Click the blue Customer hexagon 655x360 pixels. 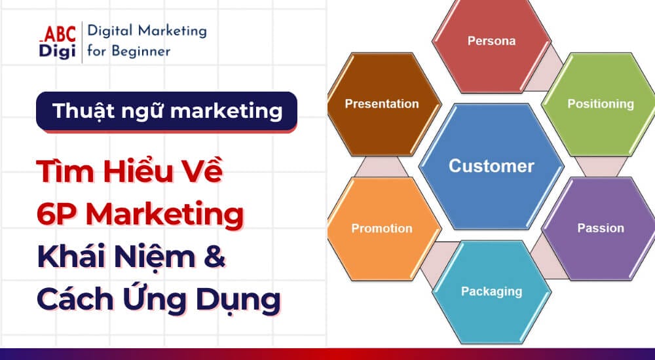tap(491, 166)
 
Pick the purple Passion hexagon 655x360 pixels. tap(600, 228)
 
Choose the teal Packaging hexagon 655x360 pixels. tap(491, 291)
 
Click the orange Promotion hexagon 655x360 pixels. tap(382, 228)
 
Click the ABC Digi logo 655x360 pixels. tap(57, 42)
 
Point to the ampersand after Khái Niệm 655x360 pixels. tap(215, 257)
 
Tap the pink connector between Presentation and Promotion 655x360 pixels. tap(382, 167)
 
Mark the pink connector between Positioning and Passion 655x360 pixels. tap(600, 167)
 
